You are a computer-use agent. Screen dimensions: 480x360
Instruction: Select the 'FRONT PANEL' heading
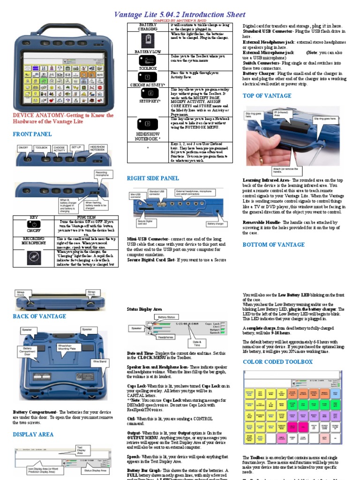tap(32, 134)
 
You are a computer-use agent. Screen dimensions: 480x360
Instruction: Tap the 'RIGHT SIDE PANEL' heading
tap(153, 178)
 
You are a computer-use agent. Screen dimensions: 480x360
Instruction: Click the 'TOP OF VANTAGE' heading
tap(267, 96)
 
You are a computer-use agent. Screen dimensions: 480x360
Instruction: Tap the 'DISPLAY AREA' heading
tap(33, 435)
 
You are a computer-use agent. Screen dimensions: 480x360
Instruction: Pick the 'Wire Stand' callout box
tap(99, 361)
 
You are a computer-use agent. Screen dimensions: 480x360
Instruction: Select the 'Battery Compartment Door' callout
tap(27, 352)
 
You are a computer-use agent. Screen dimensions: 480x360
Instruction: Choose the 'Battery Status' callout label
tap(166, 317)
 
